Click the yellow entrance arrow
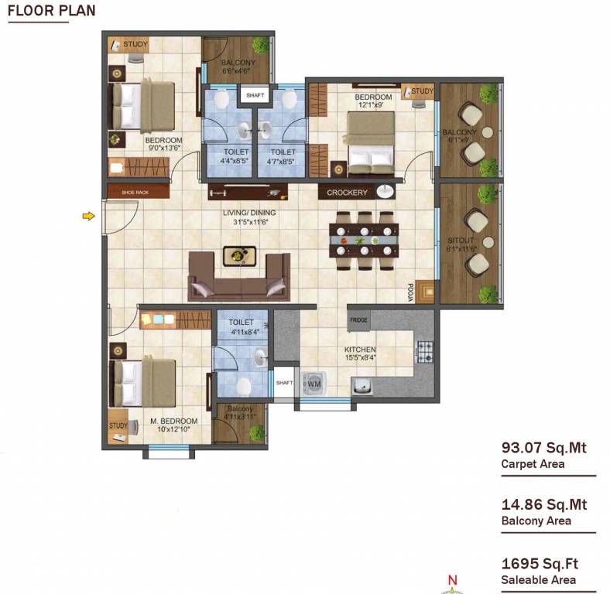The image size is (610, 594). [x=89, y=216]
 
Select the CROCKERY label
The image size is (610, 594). [x=346, y=193]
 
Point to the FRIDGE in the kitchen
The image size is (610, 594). [x=358, y=319]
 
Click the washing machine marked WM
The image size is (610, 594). [x=314, y=384]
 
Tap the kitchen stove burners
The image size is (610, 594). [x=424, y=350]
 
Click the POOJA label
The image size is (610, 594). [x=411, y=290]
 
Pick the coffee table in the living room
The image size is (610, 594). [x=238, y=255]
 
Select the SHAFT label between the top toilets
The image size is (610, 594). [x=255, y=95]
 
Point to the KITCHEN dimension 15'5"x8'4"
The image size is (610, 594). [x=360, y=358]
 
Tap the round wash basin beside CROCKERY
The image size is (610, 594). [x=385, y=192]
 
